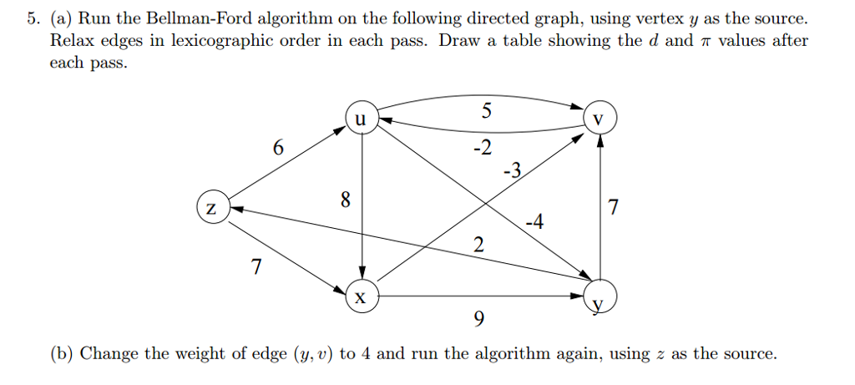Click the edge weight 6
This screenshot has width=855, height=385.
[x=278, y=148]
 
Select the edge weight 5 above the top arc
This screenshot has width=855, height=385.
[x=488, y=110]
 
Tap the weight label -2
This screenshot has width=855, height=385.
[x=482, y=149]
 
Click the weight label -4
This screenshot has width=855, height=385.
[x=534, y=222]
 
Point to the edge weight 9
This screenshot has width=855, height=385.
[x=478, y=321]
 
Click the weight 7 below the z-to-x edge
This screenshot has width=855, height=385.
[x=256, y=268]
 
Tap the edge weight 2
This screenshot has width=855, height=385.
[x=478, y=246]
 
